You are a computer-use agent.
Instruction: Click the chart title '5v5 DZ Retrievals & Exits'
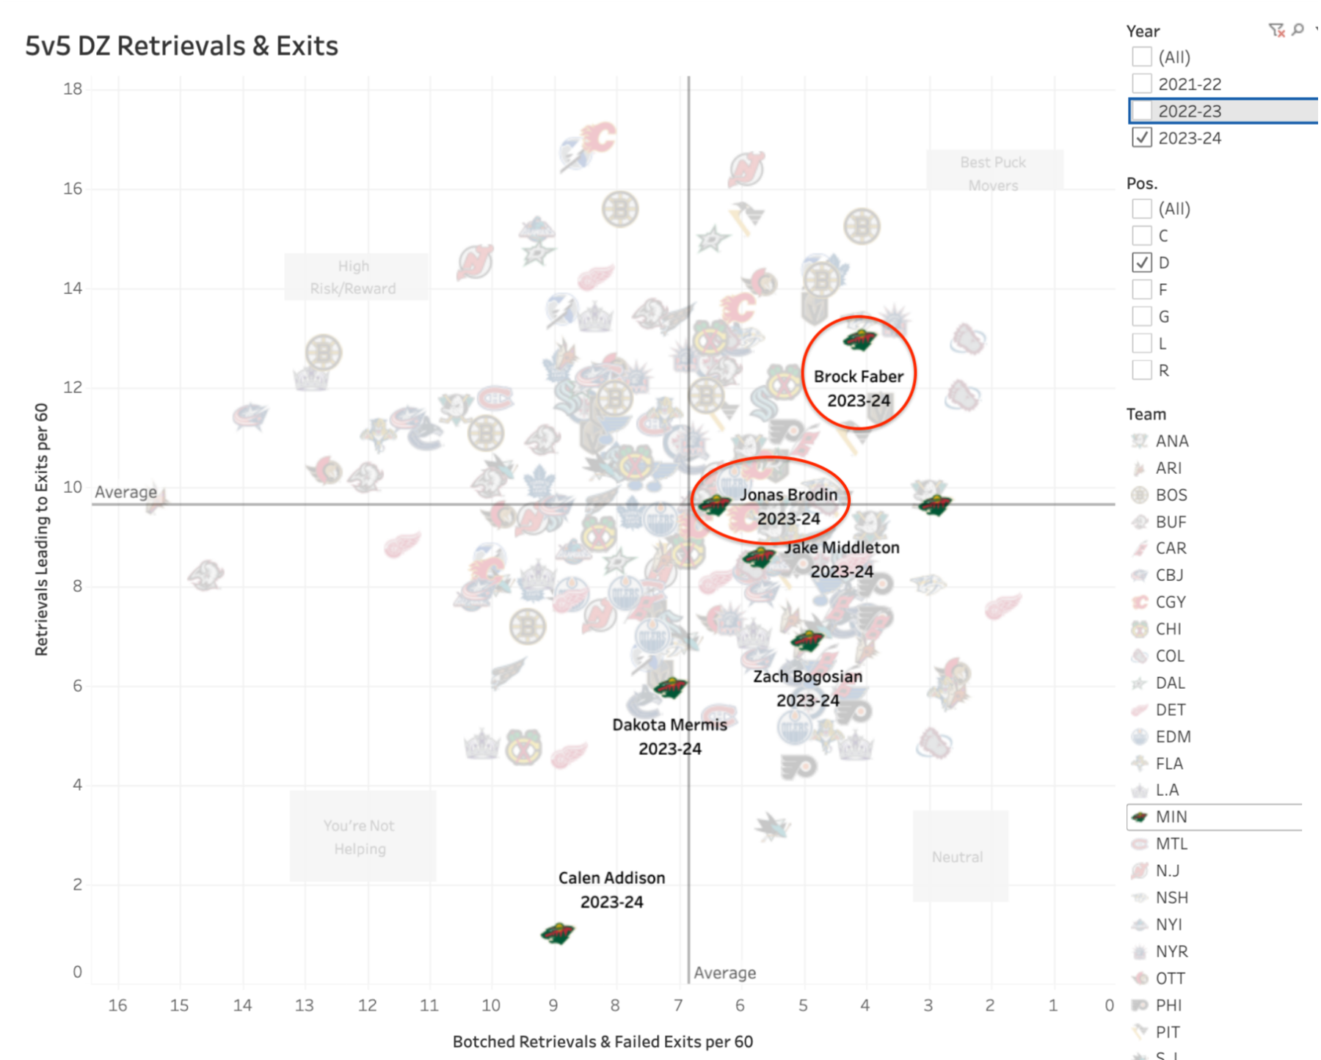click(x=181, y=45)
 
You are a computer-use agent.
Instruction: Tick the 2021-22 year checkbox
click(x=1141, y=84)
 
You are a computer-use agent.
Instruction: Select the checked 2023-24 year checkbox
click(x=1141, y=138)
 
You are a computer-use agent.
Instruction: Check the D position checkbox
click(x=1141, y=263)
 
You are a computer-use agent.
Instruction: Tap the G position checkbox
click(x=1141, y=317)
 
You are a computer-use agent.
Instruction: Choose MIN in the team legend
click(x=1171, y=817)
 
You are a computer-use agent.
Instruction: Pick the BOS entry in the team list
click(x=1171, y=495)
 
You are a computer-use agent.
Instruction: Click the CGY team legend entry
click(x=1170, y=602)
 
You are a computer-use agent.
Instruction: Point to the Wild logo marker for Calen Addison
click(x=558, y=934)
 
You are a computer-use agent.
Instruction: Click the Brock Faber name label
click(x=858, y=377)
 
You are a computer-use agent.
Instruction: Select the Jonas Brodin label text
click(x=788, y=495)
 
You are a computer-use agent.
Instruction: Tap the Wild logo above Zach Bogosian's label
click(x=807, y=640)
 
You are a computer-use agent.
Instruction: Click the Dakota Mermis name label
click(x=669, y=725)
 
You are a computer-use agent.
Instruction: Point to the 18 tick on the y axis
click(x=73, y=89)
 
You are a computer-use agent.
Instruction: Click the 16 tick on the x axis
click(x=117, y=1005)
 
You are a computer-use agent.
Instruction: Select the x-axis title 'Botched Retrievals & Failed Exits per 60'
click(x=603, y=1042)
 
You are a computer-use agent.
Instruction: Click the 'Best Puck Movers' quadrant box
click(x=994, y=172)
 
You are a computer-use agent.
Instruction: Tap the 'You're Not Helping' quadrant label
click(x=360, y=837)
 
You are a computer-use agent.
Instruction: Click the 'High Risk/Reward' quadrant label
click(x=354, y=277)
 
